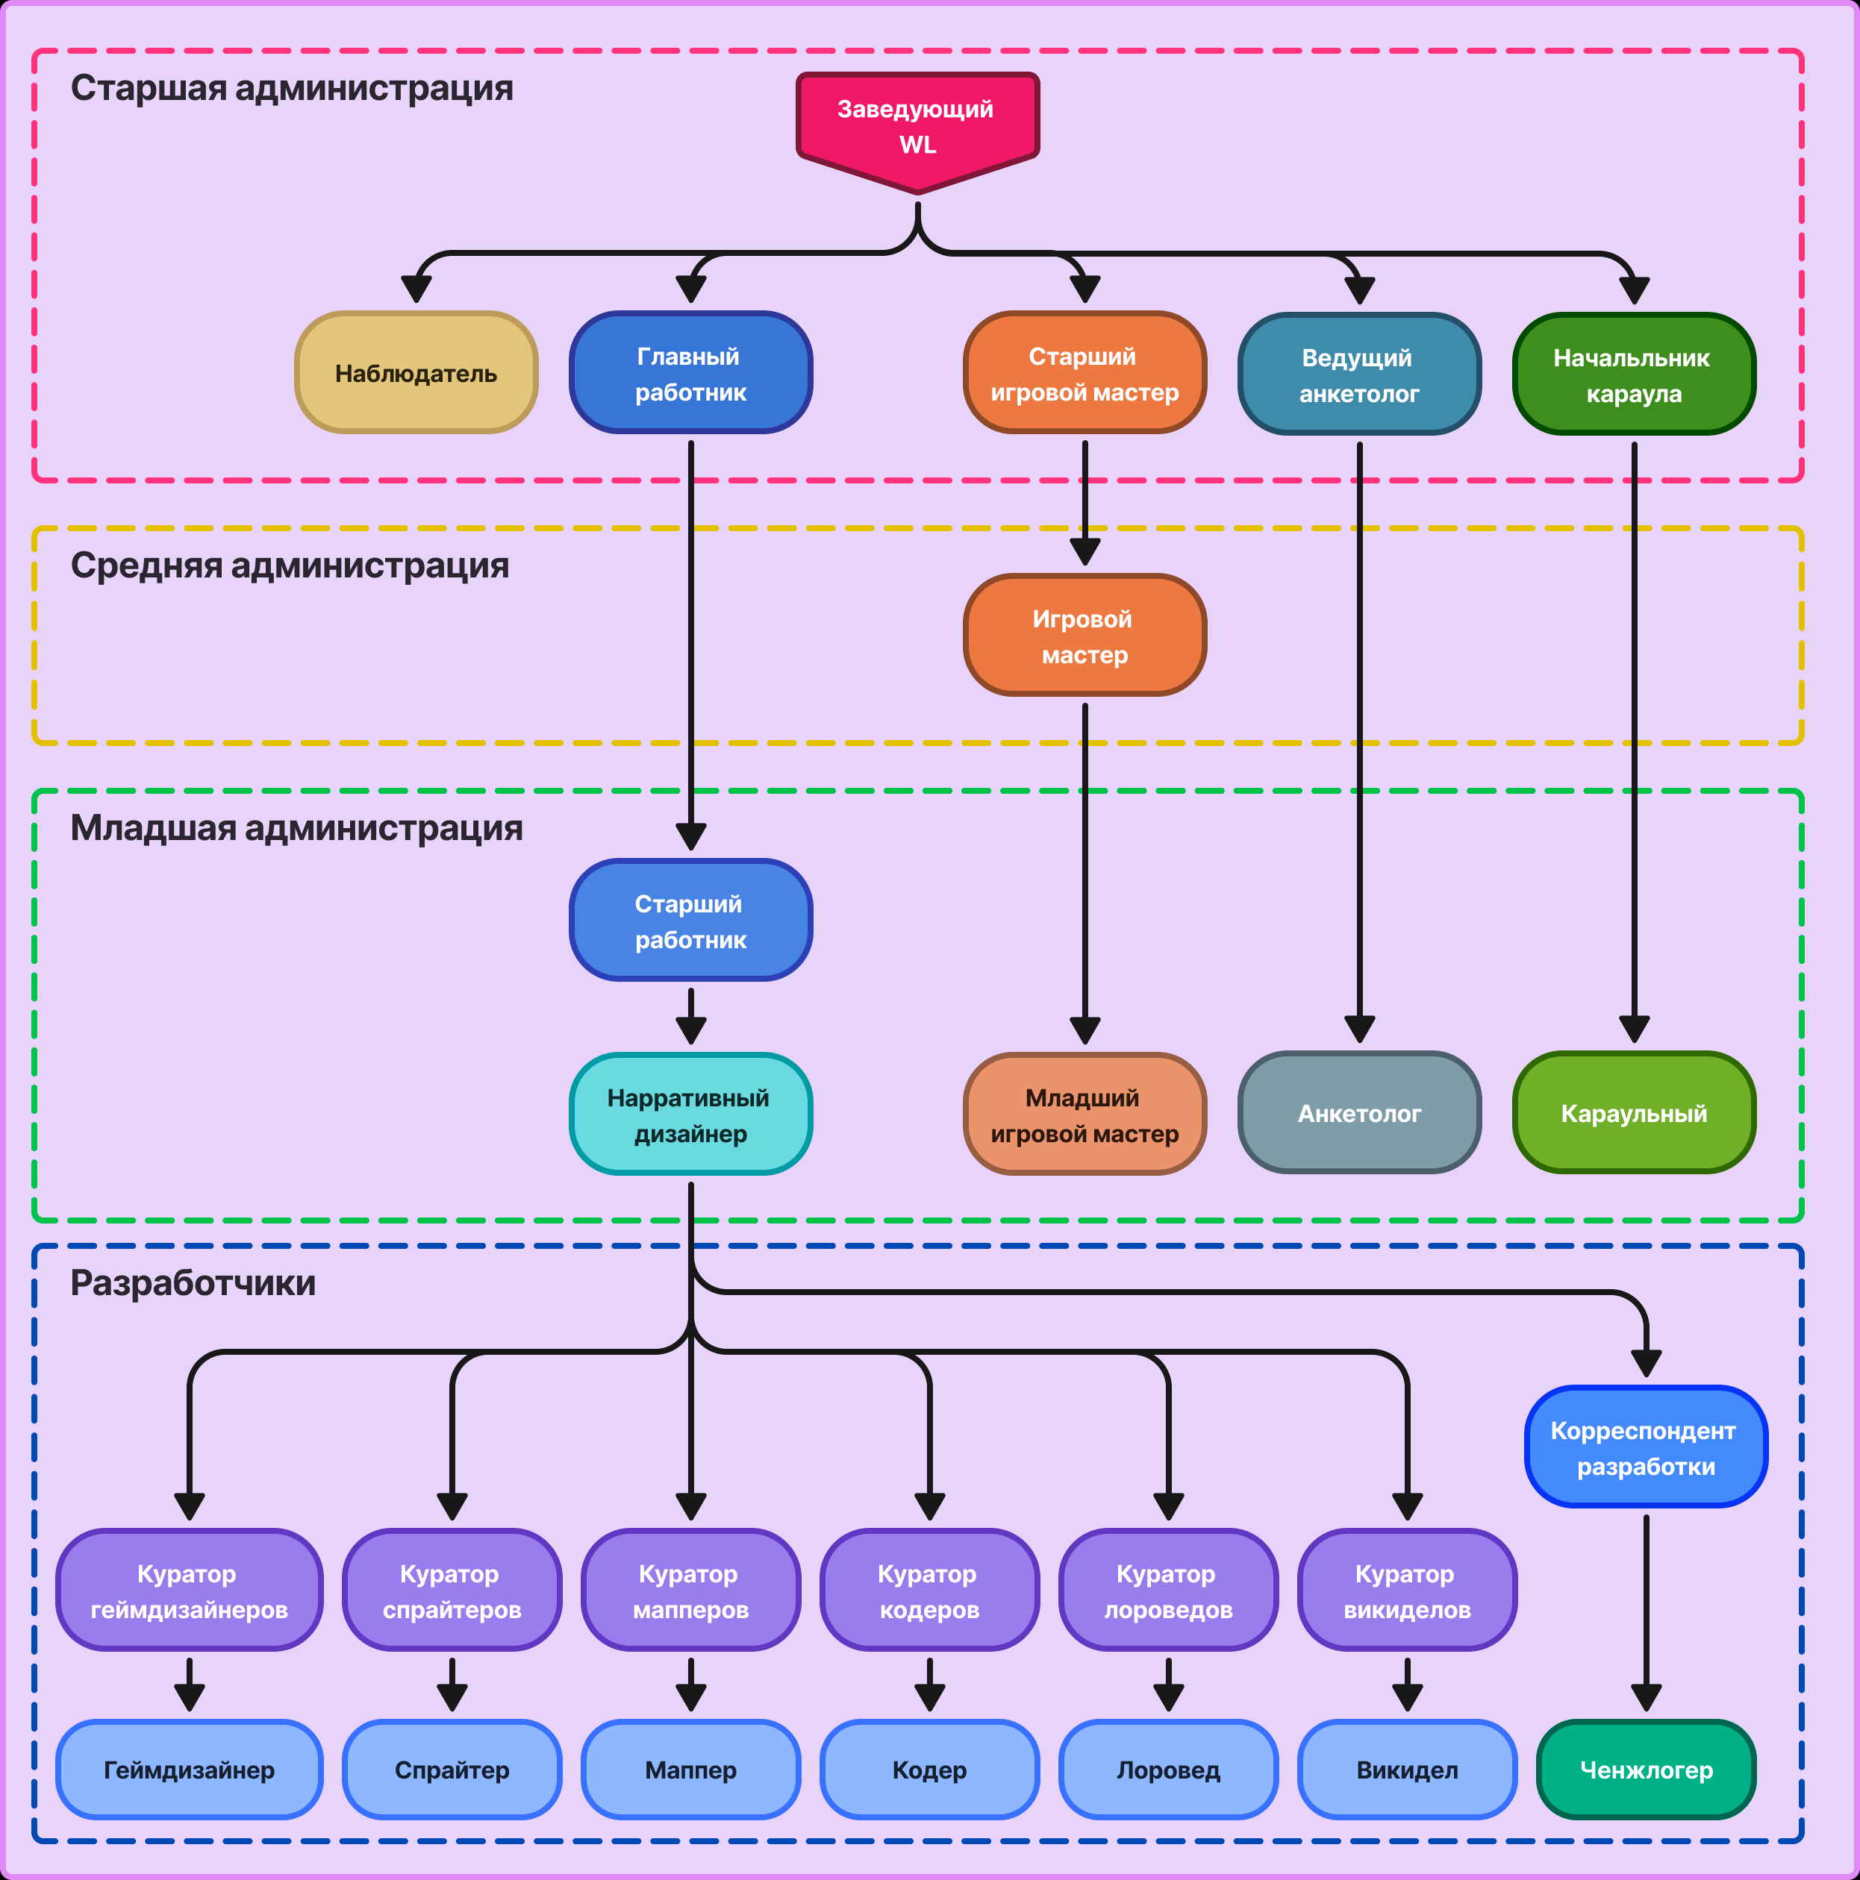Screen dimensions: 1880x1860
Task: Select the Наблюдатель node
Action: tap(416, 374)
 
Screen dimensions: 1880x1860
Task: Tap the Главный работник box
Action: tap(691, 374)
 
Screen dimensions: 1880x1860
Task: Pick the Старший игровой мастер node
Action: tap(1085, 374)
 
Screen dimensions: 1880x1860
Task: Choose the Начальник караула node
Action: tap(1634, 375)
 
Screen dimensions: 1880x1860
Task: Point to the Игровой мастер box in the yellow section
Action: tap(1085, 636)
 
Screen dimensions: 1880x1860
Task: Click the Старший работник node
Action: tap(691, 921)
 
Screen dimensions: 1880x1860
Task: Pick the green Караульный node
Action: tap(1634, 1113)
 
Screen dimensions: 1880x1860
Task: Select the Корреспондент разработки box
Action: tap(1646, 1448)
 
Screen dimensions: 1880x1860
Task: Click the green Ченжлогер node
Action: tap(1646, 1770)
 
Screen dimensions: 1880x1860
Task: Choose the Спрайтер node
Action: tap(452, 1770)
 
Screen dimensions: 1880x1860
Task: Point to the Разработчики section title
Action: tap(193, 1283)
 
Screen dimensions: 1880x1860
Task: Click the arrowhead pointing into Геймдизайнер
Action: tap(190, 1697)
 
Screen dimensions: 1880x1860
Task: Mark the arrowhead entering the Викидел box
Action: tap(1408, 1697)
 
